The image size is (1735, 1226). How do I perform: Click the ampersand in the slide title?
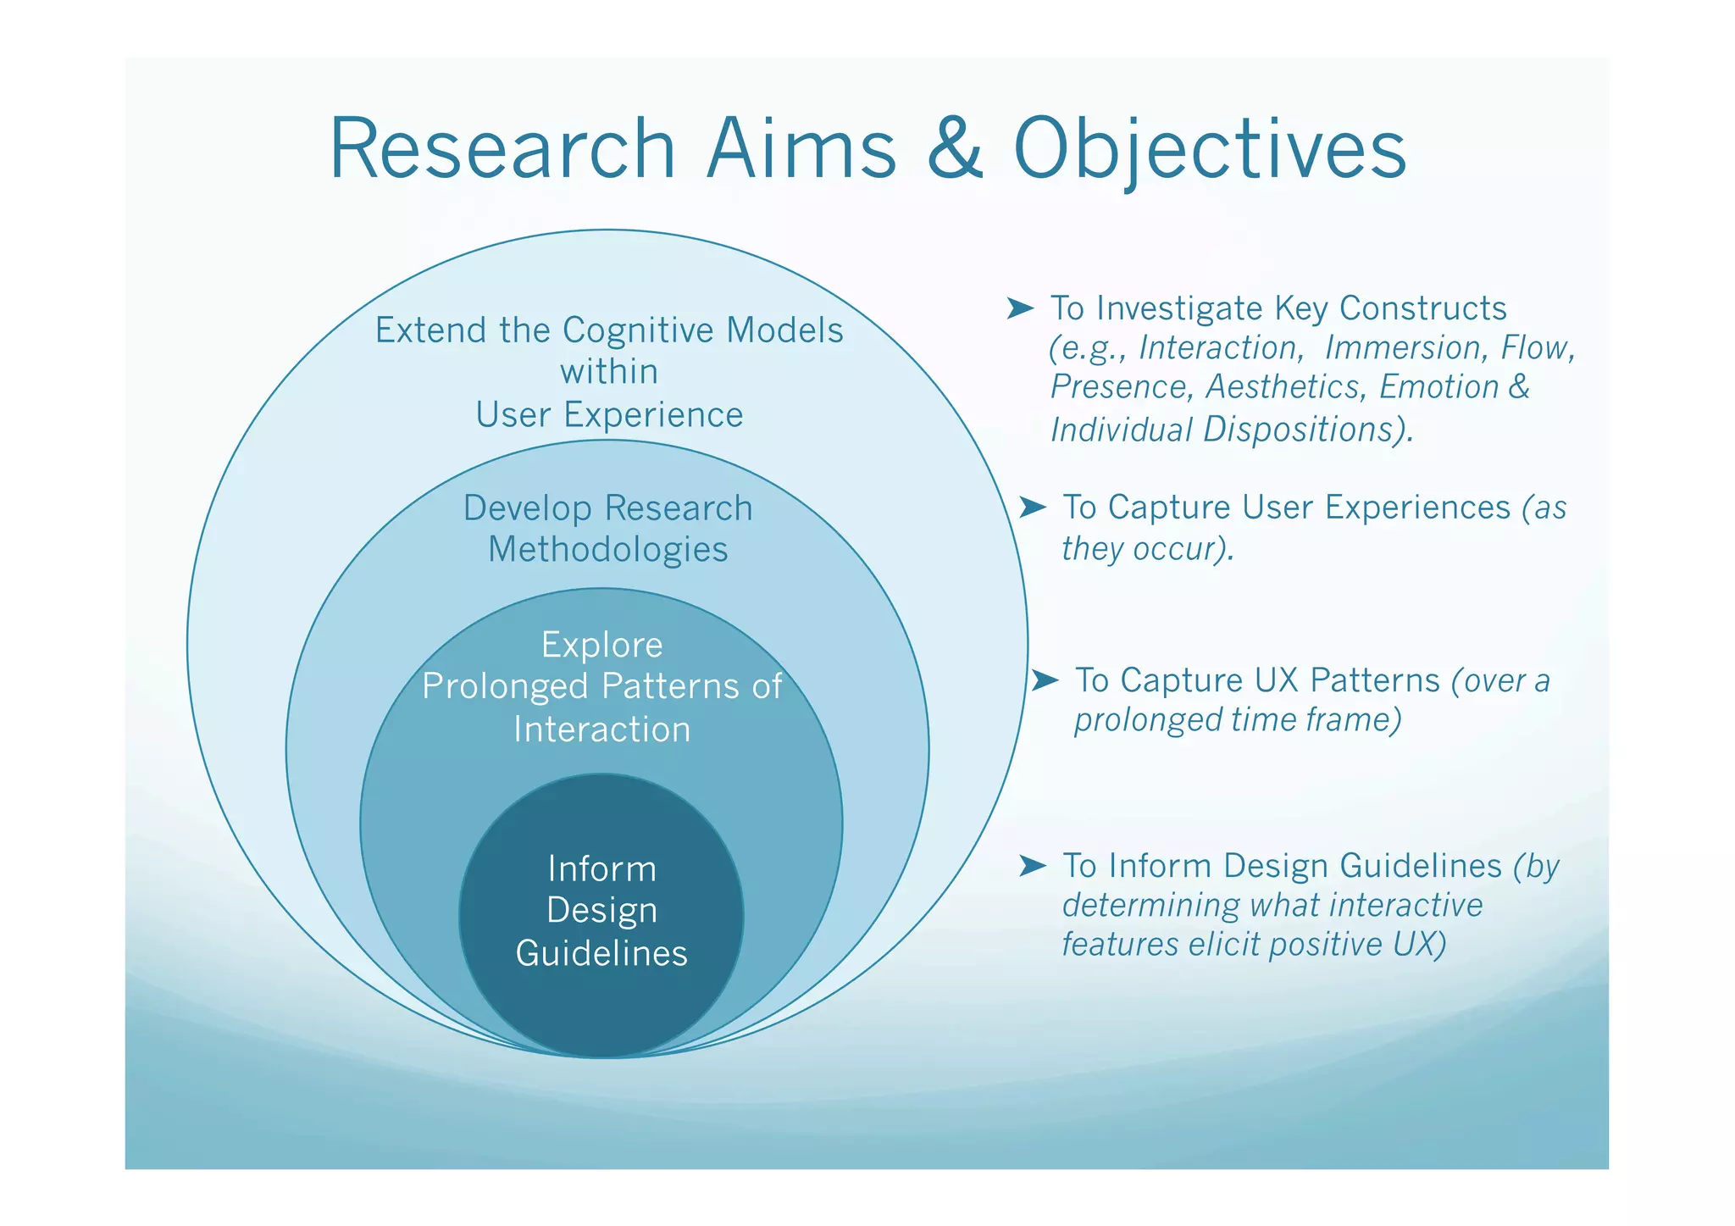(x=955, y=149)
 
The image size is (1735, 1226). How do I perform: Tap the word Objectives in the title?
(x=1210, y=149)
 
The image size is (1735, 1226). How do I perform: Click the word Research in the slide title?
(x=502, y=149)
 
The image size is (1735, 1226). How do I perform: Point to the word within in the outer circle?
(x=609, y=372)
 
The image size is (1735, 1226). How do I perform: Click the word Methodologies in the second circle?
(x=608, y=550)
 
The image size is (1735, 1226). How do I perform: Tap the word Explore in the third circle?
(x=601, y=646)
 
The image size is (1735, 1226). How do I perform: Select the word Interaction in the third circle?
(x=601, y=729)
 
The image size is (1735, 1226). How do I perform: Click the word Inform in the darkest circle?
(x=601, y=869)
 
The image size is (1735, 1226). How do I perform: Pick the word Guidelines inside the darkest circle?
(x=601, y=953)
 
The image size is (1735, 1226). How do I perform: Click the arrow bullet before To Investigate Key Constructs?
(x=1020, y=308)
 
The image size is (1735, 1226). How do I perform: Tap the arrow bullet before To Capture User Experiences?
(x=1032, y=507)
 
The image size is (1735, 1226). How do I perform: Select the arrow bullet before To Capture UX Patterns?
(x=1045, y=680)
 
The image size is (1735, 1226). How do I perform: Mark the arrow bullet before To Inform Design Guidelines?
(x=1032, y=865)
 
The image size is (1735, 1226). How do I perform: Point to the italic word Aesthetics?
(x=1283, y=387)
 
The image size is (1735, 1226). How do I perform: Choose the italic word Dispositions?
(x=1307, y=430)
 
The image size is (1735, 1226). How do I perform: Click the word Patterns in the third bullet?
(x=1374, y=680)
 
